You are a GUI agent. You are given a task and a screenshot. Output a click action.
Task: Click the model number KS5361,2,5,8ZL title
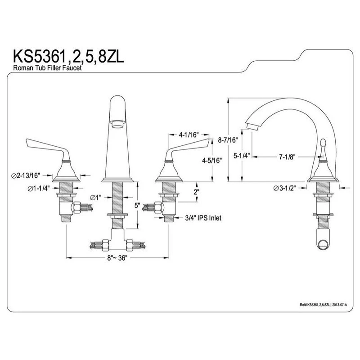click(x=68, y=57)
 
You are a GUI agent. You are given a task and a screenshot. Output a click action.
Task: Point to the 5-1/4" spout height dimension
click(x=242, y=156)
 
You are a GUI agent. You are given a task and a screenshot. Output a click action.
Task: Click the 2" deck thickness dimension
click(x=196, y=192)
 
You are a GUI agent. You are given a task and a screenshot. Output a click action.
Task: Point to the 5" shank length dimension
click(x=138, y=206)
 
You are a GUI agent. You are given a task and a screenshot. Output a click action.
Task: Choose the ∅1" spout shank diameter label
click(x=96, y=197)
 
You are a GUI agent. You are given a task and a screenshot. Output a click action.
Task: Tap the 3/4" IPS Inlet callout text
click(x=203, y=217)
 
